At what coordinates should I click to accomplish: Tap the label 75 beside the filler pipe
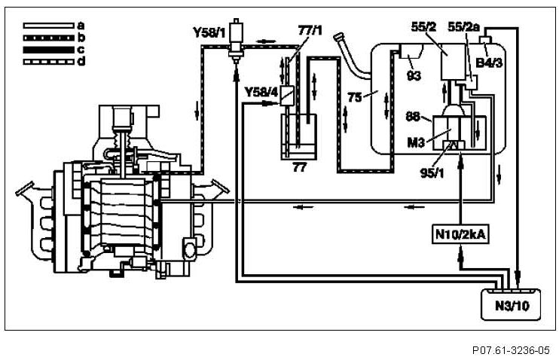pyautogui.click(x=354, y=96)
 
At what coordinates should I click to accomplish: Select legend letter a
pyautogui.click(x=81, y=25)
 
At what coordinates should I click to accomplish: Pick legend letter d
pyautogui.click(x=81, y=60)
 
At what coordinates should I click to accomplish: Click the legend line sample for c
pyautogui.click(x=49, y=49)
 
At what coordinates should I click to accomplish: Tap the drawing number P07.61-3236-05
pyautogui.click(x=512, y=350)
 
